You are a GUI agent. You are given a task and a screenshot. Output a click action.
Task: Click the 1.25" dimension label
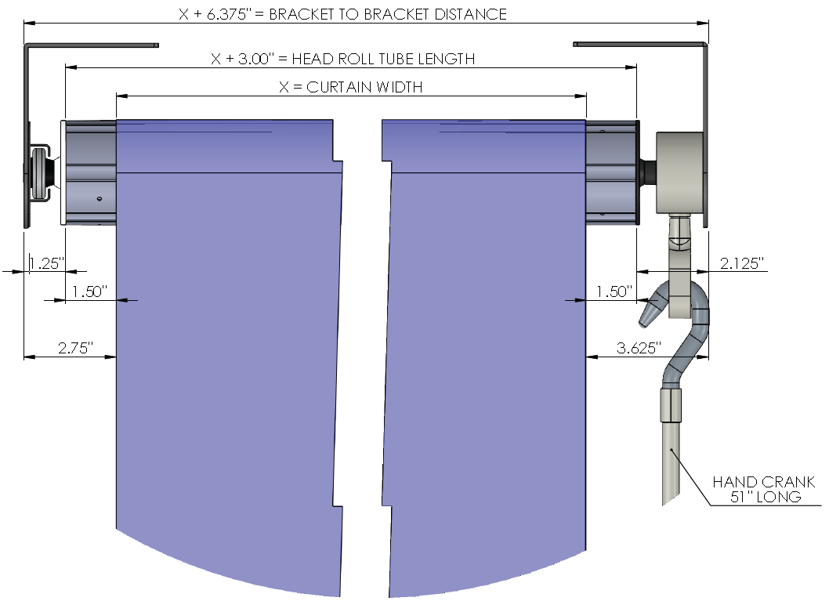[x=46, y=263]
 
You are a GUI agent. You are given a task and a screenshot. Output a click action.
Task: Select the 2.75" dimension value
[x=75, y=348]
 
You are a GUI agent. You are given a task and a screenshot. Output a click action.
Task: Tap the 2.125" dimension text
[x=742, y=263]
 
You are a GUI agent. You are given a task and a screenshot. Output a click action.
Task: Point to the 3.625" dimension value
[x=639, y=348]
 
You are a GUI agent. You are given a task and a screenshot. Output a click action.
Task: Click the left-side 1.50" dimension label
[x=89, y=292]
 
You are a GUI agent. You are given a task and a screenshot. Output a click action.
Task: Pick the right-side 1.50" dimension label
[x=614, y=292]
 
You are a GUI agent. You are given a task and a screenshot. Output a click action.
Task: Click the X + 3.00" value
[x=243, y=59]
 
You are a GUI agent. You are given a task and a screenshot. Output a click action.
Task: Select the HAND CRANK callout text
[x=763, y=482]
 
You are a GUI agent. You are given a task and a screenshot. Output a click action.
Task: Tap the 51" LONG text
[x=766, y=497]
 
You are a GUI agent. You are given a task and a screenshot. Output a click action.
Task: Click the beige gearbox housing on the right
[x=680, y=173]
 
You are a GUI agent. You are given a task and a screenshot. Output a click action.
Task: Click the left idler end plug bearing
[x=41, y=172]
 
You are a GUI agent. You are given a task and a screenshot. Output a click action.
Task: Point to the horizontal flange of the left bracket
[x=92, y=45]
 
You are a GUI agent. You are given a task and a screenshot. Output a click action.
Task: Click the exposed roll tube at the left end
[x=90, y=172]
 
